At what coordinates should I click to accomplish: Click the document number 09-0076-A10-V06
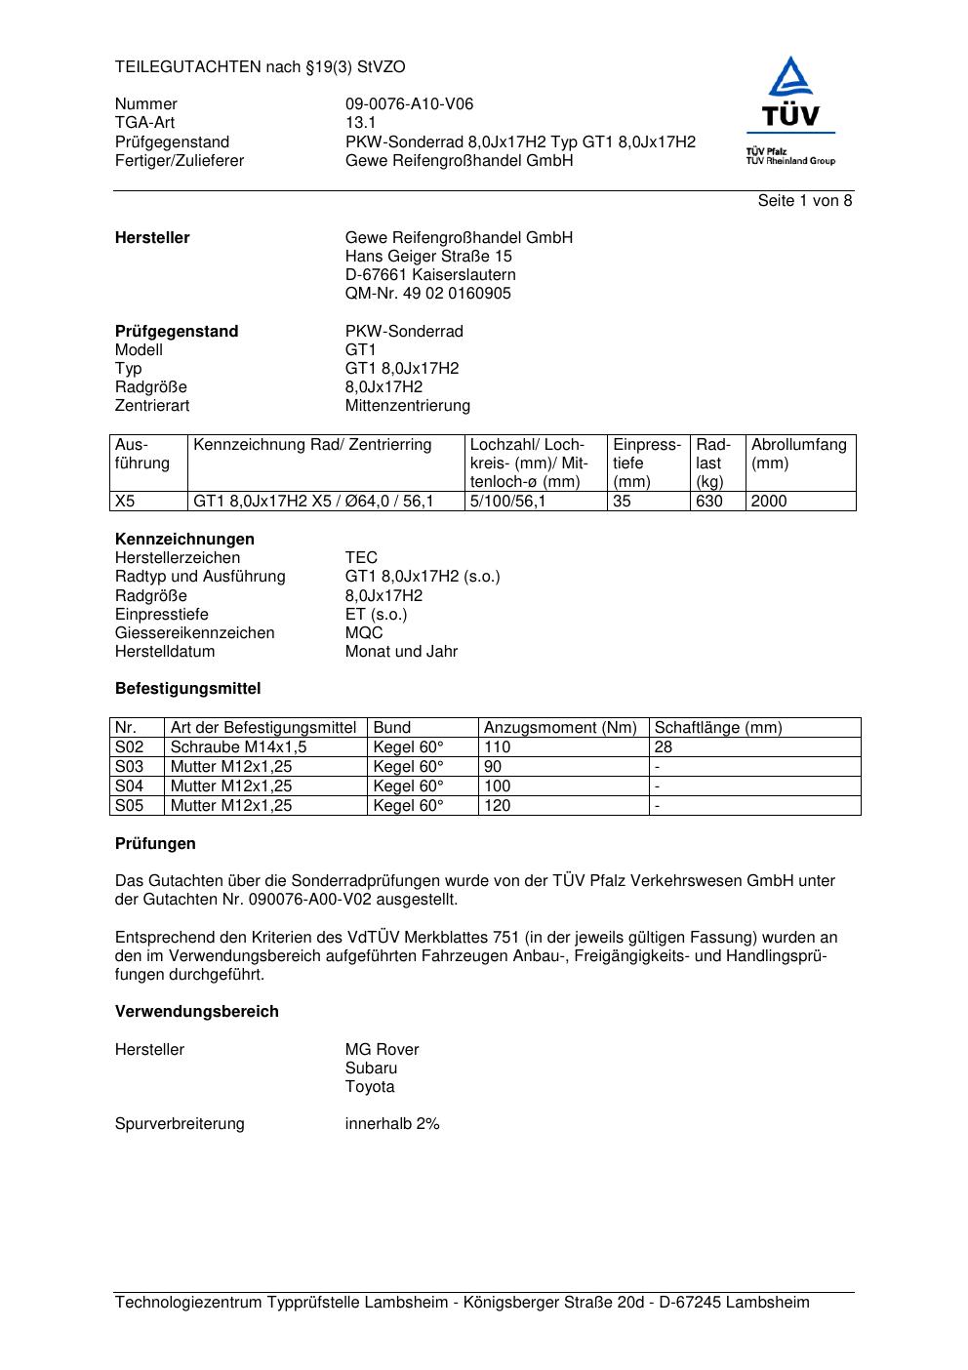pyautogui.click(x=409, y=104)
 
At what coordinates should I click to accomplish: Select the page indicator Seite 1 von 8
pyautogui.click(x=804, y=201)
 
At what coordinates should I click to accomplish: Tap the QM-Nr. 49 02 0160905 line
pyautogui.click(x=427, y=294)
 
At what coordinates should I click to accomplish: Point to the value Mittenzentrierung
pyautogui.click(x=407, y=406)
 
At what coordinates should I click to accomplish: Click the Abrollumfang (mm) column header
pyautogui.click(x=798, y=454)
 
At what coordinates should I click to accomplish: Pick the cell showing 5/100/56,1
pyautogui.click(x=507, y=502)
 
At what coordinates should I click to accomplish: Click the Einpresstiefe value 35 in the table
pyautogui.click(x=623, y=502)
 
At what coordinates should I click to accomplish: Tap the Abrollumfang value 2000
pyautogui.click(x=768, y=502)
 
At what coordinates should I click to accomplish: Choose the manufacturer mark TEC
pyautogui.click(x=360, y=558)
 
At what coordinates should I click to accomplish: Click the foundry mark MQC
pyautogui.click(x=363, y=633)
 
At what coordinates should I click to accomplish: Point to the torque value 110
pyautogui.click(x=497, y=747)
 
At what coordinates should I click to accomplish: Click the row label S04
pyautogui.click(x=129, y=786)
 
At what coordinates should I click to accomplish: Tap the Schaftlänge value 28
pyautogui.click(x=663, y=747)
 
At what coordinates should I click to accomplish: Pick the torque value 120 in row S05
pyautogui.click(x=497, y=806)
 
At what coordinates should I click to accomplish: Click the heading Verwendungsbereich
pyautogui.click(x=196, y=1012)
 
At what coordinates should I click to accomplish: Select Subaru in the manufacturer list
pyautogui.click(x=371, y=1068)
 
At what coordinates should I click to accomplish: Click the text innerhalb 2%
pyautogui.click(x=391, y=1124)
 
